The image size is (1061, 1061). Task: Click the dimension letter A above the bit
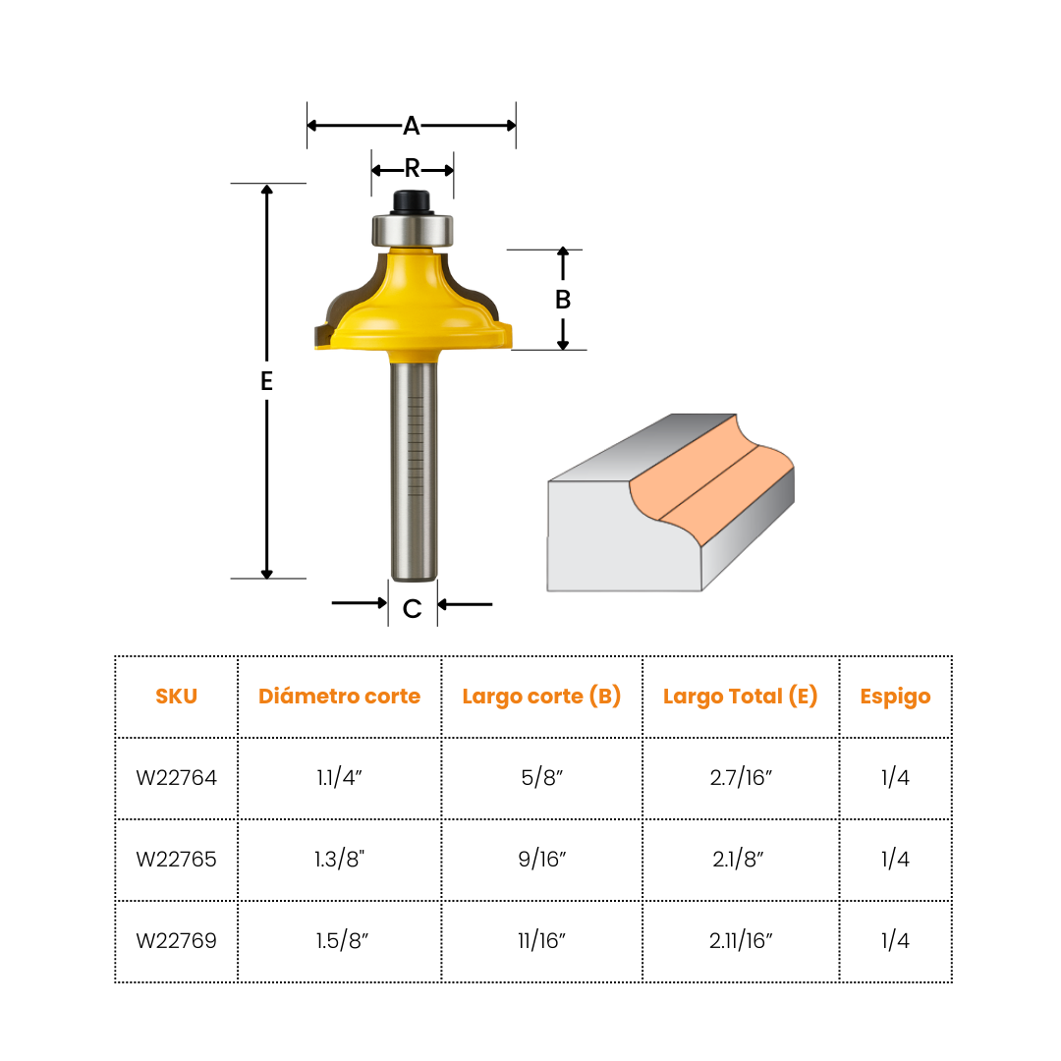(x=412, y=126)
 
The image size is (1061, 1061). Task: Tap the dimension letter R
(x=413, y=169)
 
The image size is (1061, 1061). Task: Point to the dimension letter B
(x=563, y=300)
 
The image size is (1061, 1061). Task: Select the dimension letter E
(x=266, y=382)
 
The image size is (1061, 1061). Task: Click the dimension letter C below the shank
(x=413, y=609)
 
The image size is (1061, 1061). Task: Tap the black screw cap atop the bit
(x=413, y=201)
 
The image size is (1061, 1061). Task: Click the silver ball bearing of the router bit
(x=413, y=230)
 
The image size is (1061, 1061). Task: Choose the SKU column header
(x=177, y=697)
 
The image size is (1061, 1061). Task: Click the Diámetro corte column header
(x=339, y=697)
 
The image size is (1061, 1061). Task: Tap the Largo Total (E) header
(x=741, y=697)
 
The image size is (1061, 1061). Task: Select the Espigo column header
(x=895, y=697)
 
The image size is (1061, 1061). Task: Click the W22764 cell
(x=177, y=778)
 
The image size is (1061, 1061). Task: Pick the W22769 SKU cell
(x=177, y=941)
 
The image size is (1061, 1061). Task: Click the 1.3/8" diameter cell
(x=339, y=860)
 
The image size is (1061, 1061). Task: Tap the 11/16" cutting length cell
(x=541, y=941)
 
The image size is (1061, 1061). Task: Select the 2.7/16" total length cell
(x=741, y=778)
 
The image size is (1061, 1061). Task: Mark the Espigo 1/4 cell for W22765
(x=895, y=860)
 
